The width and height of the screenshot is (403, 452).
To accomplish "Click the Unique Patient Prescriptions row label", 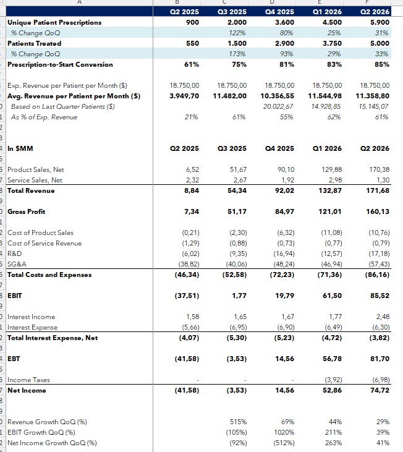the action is click(54, 22).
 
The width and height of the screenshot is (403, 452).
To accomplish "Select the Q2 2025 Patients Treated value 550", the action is click(192, 43).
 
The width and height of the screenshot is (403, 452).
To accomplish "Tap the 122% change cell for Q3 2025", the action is click(237, 33).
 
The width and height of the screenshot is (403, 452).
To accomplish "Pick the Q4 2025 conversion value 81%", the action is click(287, 64).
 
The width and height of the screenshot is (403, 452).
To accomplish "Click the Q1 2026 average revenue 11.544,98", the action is click(325, 96).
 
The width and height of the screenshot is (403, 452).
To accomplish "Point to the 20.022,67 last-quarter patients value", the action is click(278, 106).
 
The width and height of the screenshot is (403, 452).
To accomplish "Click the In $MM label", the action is click(20, 149).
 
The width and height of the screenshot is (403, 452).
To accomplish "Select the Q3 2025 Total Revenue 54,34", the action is click(237, 191).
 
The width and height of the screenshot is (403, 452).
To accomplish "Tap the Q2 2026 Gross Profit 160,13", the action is click(378, 212).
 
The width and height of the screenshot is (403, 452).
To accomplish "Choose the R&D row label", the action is click(15, 254).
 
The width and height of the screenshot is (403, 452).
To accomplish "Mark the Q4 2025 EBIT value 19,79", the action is click(284, 296).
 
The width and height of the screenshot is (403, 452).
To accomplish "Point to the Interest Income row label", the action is click(31, 317).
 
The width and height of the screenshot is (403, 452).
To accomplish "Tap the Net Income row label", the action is click(27, 391).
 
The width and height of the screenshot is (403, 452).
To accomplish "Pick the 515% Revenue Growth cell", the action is click(238, 422).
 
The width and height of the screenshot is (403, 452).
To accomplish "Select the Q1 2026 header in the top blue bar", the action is click(327, 12).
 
